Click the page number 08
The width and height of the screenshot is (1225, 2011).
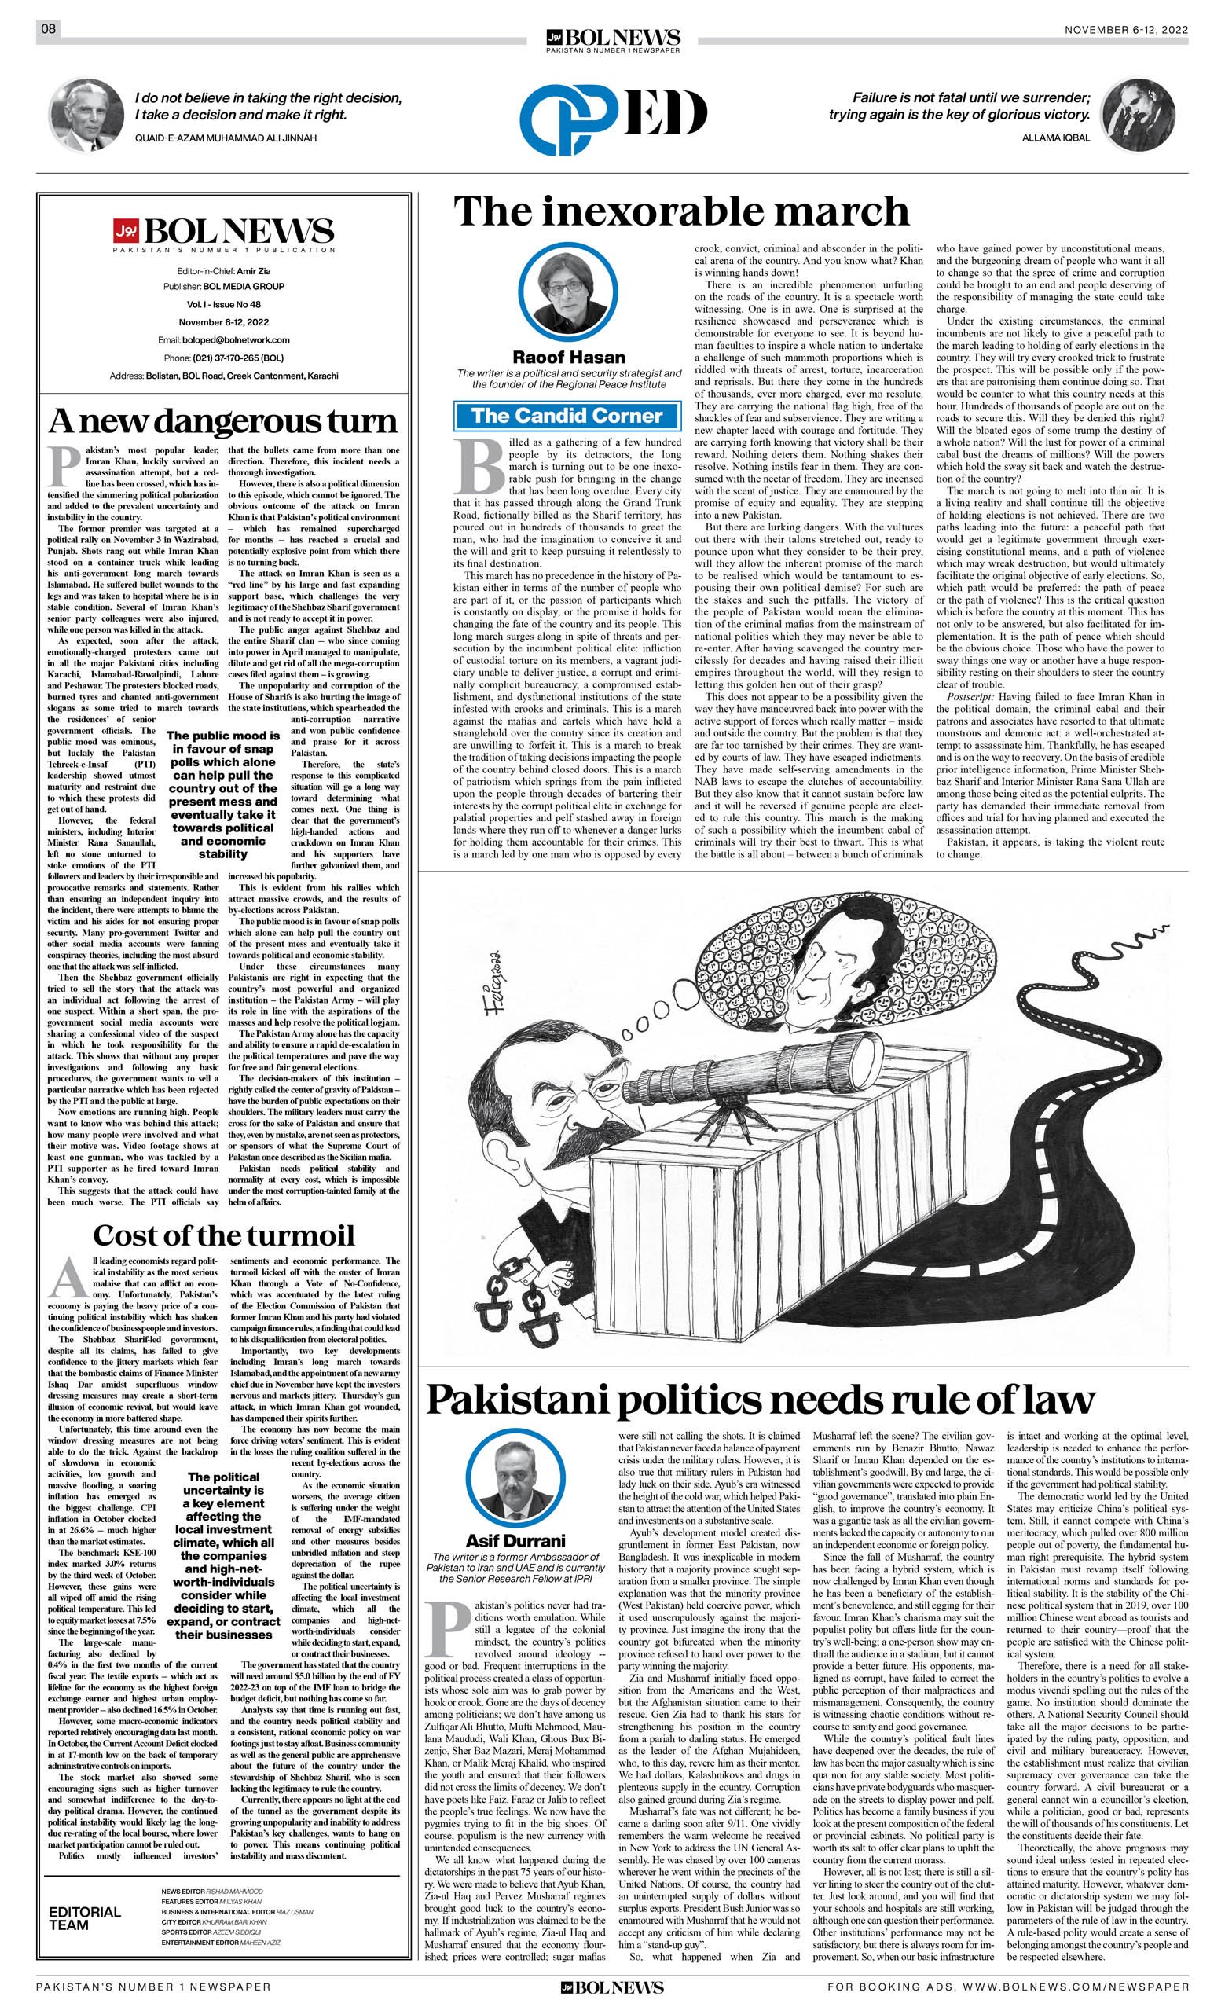(x=48, y=29)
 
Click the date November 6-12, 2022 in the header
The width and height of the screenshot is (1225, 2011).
(x=1126, y=29)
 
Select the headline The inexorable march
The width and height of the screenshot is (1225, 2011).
(x=680, y=211)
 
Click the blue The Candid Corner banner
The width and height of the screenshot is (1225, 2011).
(x=567, y=416)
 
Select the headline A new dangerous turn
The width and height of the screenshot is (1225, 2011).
(x=223, y=420)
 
